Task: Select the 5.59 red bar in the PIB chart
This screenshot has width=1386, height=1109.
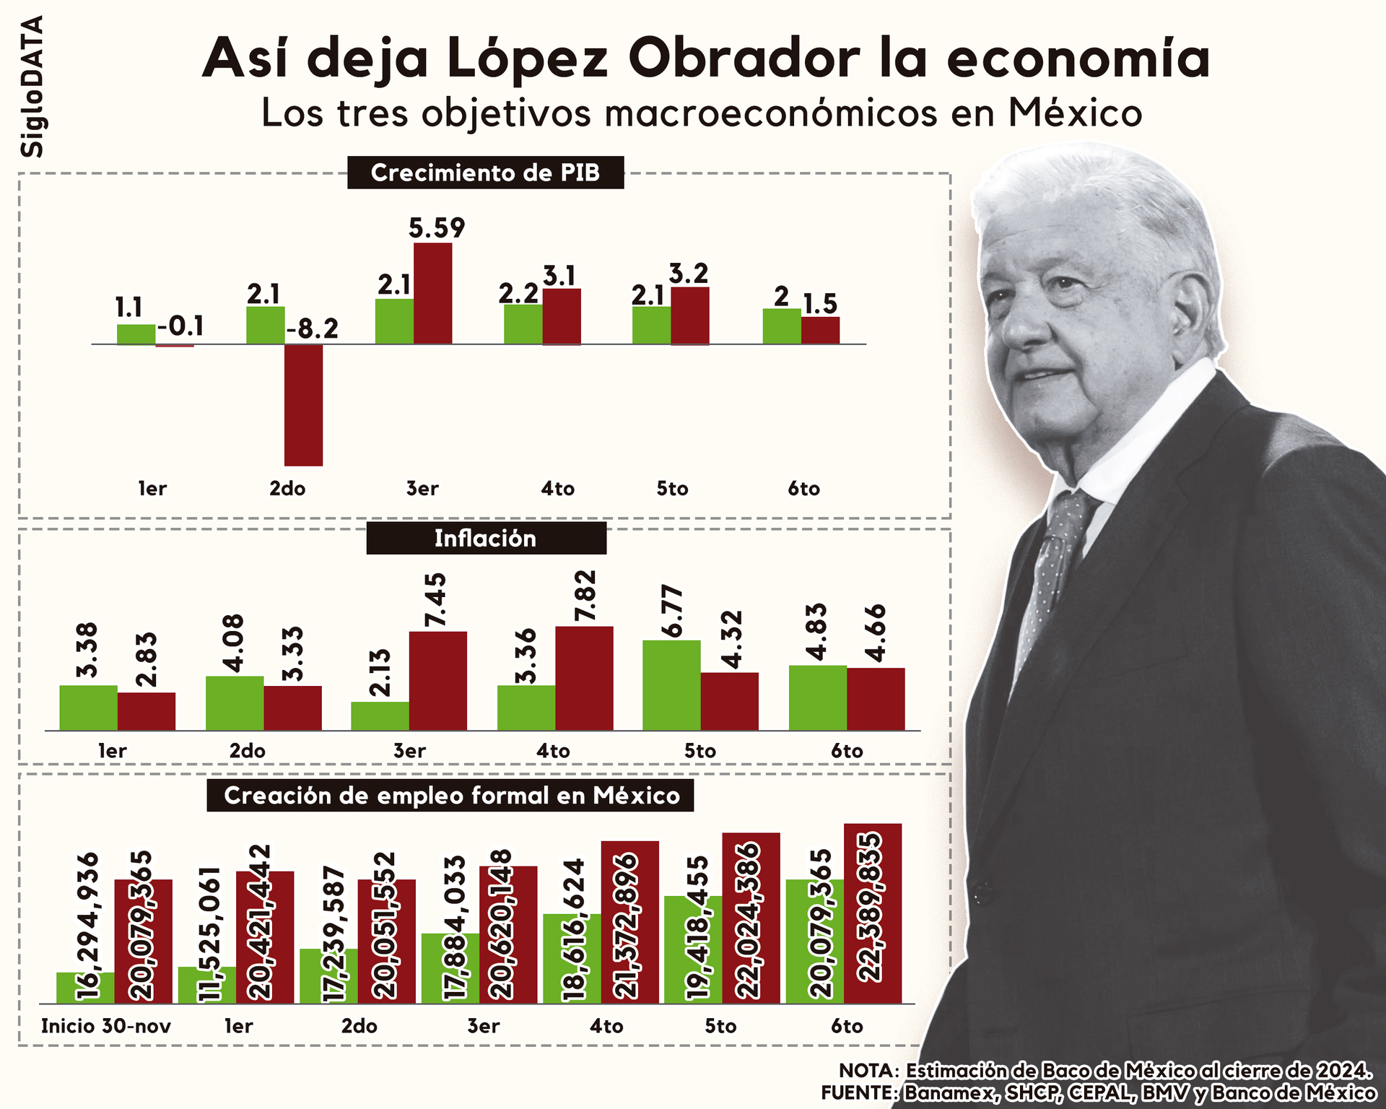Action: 432,293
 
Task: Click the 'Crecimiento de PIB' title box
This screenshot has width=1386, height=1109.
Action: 485,173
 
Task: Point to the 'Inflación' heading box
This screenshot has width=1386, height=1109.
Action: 486,539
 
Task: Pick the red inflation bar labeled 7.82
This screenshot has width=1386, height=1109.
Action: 584,678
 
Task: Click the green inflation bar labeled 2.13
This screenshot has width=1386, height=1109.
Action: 380,716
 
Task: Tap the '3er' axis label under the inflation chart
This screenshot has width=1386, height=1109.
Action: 409,751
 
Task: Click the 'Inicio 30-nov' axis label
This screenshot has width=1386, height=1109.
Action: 106,1026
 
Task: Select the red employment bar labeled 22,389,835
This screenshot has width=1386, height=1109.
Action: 872,913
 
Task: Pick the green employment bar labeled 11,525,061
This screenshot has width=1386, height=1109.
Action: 207,985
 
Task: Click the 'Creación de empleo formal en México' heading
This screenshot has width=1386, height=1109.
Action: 450,796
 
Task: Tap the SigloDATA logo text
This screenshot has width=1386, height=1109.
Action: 32,87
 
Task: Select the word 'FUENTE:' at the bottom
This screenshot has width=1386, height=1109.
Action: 858,1093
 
